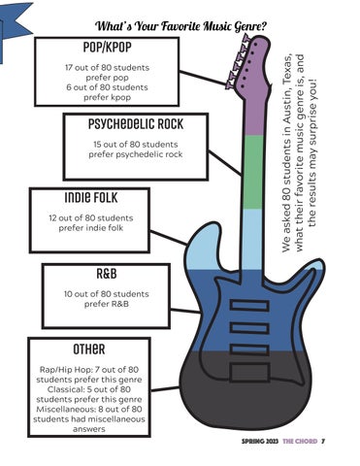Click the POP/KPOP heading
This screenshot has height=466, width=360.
coord(107,48)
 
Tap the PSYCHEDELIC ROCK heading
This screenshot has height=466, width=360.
coord(136,124)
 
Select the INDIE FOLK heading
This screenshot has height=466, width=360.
coord(91,197)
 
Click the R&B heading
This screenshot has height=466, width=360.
coord(107,274)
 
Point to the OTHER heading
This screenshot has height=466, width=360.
coord(89,349)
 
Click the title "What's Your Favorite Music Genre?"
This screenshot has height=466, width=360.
coord(180,26)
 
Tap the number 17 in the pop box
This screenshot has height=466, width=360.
coord(69,68)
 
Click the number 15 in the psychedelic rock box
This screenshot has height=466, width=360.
coord(97,145)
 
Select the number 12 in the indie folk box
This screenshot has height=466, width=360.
coord(52,218)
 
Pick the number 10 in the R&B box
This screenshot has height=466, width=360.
coord(68,294)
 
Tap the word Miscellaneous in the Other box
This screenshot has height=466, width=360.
coord(66,409)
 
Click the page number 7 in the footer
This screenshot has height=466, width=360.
coord(323,441)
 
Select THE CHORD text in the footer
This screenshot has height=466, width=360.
coord(300,441)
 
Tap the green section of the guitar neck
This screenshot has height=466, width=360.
coord(253,172)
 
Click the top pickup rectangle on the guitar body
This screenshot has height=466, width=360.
coord(249,306)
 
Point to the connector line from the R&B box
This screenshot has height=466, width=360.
coord(185,311)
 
